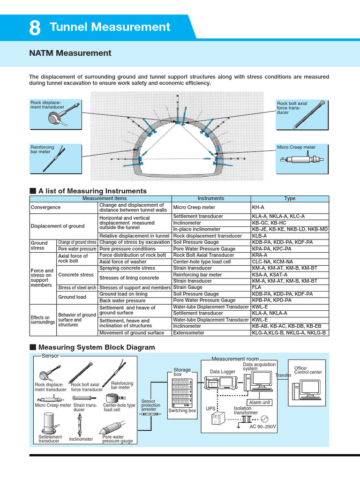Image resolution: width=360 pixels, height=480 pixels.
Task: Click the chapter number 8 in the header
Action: [x=35, y=28]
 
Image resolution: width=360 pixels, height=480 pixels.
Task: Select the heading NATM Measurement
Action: [x=70, y=53]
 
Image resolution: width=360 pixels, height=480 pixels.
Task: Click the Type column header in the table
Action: [x=290, y=198]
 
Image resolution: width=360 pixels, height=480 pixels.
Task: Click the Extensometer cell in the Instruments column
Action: [x=189, y=333]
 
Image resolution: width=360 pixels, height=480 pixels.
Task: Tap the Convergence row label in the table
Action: [x=45, y=207]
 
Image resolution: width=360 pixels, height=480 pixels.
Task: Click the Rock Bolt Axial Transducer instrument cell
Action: [x=203, y=255]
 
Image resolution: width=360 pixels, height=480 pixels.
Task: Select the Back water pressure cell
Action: [x=122, y=300]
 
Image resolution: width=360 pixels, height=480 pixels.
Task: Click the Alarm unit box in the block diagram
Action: [x=259, y=402]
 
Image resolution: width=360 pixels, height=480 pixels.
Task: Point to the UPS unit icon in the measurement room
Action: [x=216, y=417]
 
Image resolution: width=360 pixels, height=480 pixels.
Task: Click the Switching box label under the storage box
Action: [x=182, y=411]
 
